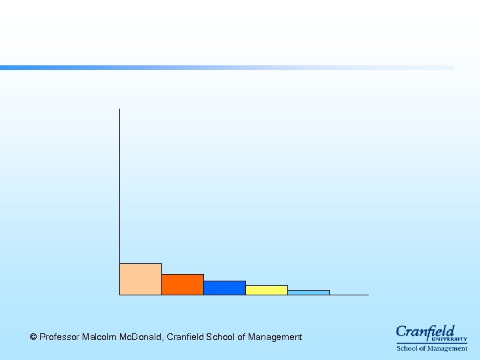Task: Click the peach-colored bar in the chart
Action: pyautogui.click(x=140, y=279)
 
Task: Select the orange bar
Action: pyautogui.click(x=182, y=285)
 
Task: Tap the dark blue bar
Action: pyautogui.click(x=224, y=288)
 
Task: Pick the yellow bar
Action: pyautogui.click(x=266, y=290)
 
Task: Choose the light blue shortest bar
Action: pyautogui.click(x=308, y=292)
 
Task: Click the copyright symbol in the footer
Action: pyautogui.click(x=33, y=337)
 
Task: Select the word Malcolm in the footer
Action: pyautogui.click(x=99, y=337)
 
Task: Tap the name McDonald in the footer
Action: pyautogui.click(x=141, y=337)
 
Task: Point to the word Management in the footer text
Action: pyautogui.click(x=275, y=337)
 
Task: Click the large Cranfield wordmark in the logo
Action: pyautogui.click(x=425, y=331)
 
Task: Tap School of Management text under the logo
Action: pyautogui.click(x=432, y=348)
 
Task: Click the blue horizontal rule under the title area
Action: pyautogui.click(x=227, y=67)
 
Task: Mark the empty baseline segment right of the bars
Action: pyautogui.click(x=349, y=295)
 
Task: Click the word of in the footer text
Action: pyautogui.click(x=241, y=337)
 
